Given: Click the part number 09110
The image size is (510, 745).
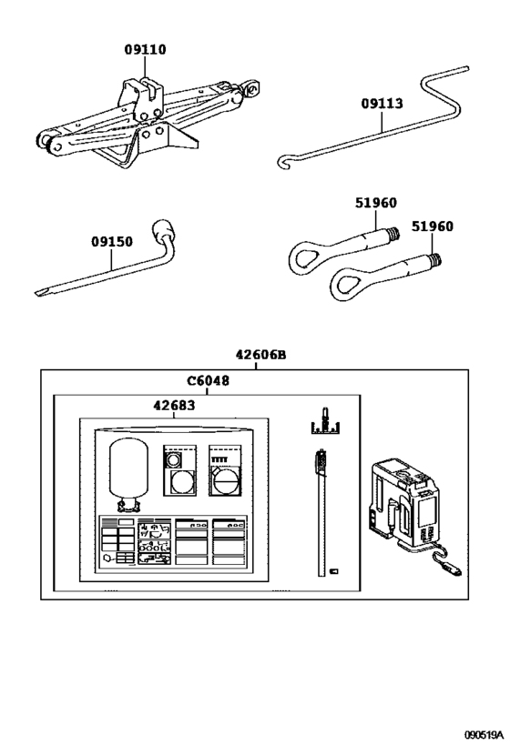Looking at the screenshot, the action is [x=145, y=49].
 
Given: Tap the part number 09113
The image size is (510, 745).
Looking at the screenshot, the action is [x=382, y=103].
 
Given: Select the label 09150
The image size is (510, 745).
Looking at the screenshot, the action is [x=112, y=241].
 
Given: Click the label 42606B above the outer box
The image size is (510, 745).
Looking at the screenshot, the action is [x=261, y=355].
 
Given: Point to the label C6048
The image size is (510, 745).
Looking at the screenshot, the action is [x=208, y=380].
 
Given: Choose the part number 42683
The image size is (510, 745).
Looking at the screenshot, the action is [x=174, y=406].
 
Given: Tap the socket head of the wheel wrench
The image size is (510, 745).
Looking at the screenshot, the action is [x=162, y=230].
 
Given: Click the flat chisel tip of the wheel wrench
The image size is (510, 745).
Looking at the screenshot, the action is [x=41, y=292].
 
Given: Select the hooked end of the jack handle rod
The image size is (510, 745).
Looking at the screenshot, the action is [x=282, y=162].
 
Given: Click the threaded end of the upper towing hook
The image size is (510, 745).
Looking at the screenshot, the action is [x=393, y=232].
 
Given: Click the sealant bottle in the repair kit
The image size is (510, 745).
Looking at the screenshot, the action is [x=128, y=475].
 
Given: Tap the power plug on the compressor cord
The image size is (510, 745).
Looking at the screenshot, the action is [x=453, y=569].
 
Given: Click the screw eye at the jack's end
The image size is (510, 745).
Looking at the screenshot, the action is [x=250, y=89].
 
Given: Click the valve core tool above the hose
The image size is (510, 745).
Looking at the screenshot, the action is [x=324, y=421].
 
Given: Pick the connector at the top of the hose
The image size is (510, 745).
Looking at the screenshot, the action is [x=321, y=461].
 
